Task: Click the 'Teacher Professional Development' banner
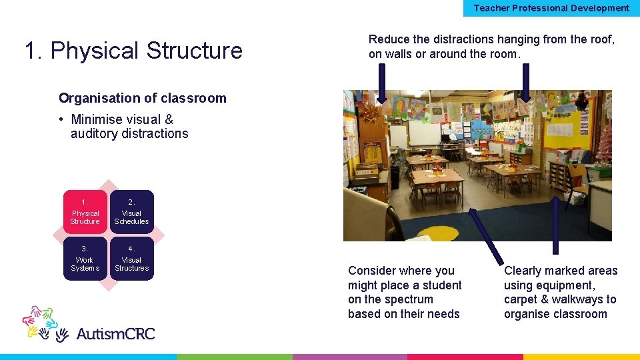pyautogui.click(x=551, y=8)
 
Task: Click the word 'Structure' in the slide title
pyautogui.click(x=194, y=51)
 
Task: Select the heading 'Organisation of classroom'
pyautogui.click(x=143, y=98)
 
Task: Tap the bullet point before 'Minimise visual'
pyautogui.click(x=61, y=120)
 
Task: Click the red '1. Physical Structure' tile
pyautogui.click(x=85, y=212)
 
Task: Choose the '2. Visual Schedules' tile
pyautogui.click(x=131, y=212)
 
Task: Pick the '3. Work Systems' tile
pyautogui.click(x=85, y=259)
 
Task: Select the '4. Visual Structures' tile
pyautogui.click(x=131, y=259)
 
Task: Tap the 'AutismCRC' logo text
pyautogui.click(x=115, y=333)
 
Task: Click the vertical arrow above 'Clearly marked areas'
pyautogui.click(x=555, y=225)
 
